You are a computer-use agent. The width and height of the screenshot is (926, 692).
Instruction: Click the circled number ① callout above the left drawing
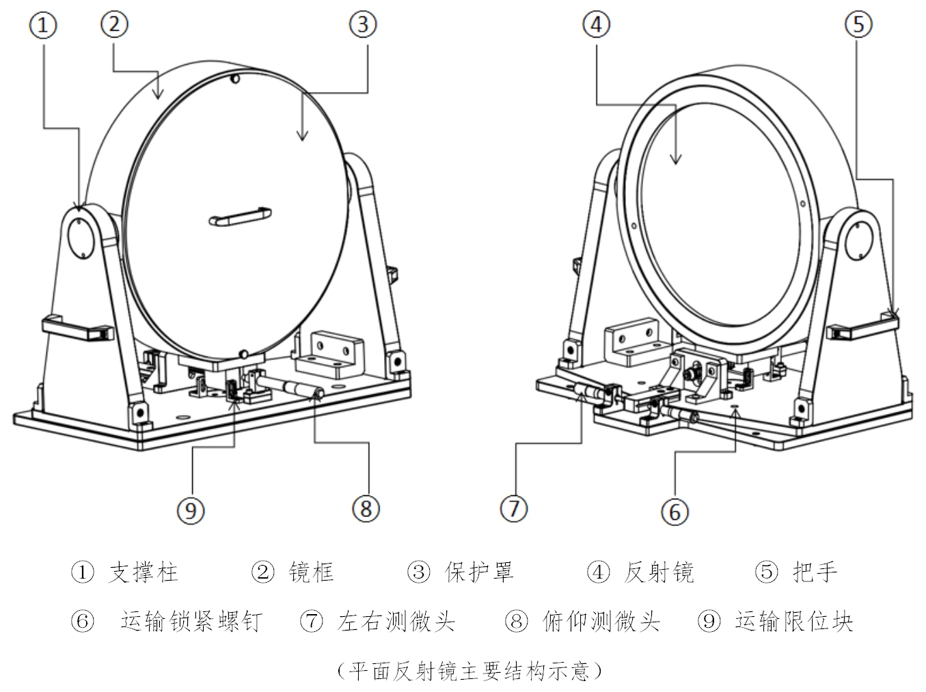point(43,26)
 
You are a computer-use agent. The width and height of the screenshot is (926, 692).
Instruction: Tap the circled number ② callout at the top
point(114,25)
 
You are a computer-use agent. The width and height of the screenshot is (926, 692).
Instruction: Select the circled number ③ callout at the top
point(363,25)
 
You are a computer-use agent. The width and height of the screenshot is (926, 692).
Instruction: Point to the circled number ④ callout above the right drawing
point(596,25)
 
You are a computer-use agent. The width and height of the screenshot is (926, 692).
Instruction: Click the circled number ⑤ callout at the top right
point(858,25)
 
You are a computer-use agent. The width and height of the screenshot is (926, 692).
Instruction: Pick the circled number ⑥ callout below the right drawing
point(675,511)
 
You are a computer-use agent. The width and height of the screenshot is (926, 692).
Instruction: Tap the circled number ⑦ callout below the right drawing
point(514,508)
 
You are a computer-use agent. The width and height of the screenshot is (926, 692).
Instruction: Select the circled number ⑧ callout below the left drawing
point(366,508)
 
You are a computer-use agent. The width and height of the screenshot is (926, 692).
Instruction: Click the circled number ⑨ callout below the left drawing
point(191,510)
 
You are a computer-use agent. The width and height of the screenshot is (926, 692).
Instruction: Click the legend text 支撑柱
point(143,572)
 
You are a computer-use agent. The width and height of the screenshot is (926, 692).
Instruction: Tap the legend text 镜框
point(312,572)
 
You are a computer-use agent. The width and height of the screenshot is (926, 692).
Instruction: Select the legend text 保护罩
point(479,572)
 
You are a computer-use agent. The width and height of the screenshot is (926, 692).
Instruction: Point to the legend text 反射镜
point(659,572)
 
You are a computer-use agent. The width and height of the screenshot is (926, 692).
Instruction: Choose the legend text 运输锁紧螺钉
point(191,622)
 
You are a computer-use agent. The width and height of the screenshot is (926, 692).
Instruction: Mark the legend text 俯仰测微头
point(601,622)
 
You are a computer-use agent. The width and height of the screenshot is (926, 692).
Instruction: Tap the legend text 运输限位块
point(794,622)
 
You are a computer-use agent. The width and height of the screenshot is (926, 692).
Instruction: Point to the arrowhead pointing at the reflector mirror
point(675,160)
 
